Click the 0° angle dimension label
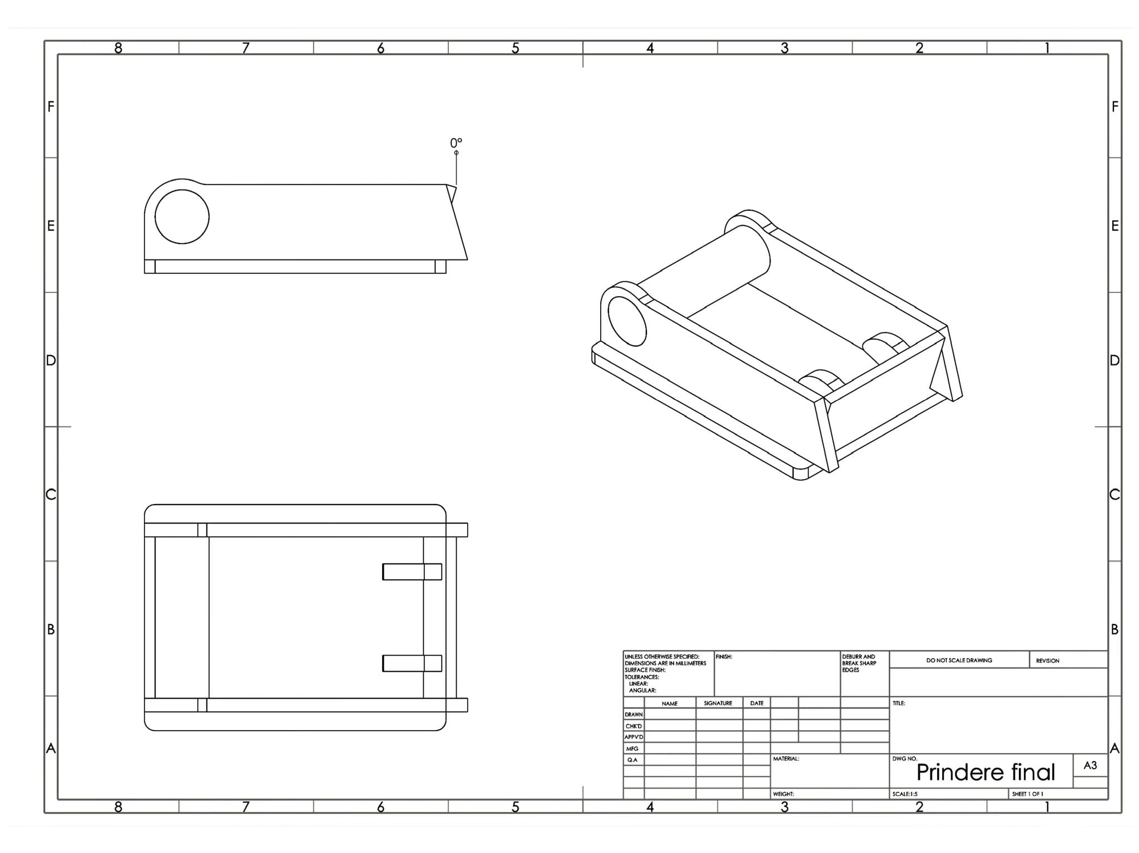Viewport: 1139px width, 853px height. tap(456, 143)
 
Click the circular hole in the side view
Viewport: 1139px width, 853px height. tap(182, 217)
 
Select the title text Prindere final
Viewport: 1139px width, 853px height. tap(986, 772)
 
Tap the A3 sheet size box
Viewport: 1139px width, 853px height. tap(1090, 765)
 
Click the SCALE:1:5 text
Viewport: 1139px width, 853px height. tap(905, 794)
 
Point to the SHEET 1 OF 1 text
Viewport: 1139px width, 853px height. tap(1027, 794)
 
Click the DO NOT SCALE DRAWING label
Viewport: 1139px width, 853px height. tap(959, 660)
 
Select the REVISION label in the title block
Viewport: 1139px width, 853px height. tap(1047, 661)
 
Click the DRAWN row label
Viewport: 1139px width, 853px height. tap(633, 715)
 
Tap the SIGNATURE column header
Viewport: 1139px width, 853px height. tap(717, 703)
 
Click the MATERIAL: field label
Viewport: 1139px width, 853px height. tap(785, 759)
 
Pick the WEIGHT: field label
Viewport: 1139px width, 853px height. tap(783, 794)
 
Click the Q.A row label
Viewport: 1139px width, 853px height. tap(632, 760)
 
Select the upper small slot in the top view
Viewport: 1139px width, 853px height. tap(412, 572)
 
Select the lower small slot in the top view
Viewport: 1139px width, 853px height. tap(412, 663)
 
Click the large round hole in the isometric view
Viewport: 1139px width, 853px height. tap(627, 321)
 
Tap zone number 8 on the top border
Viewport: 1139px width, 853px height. tap(118, 48)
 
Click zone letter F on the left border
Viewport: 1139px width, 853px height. tap(51, 106)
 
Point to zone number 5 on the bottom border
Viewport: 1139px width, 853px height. tap(515, 807)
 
